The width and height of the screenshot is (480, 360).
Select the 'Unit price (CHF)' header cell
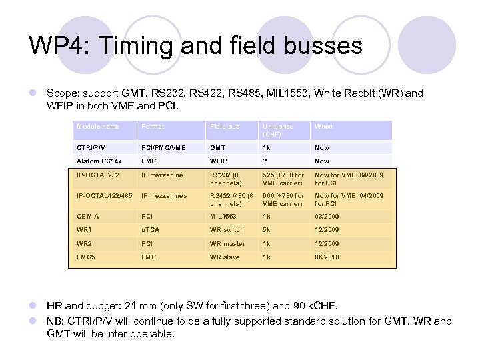pos(278,130)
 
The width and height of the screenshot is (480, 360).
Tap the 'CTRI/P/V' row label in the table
pos(91,148)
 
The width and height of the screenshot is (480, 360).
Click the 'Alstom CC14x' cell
pos(98,161)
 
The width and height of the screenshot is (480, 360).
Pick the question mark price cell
pos(265,161)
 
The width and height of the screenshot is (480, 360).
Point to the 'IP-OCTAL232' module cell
pos(97,175)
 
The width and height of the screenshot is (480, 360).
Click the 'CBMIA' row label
pos(88,216)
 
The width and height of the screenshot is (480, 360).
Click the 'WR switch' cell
pos(227,230)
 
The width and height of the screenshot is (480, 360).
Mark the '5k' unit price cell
pos(267,230)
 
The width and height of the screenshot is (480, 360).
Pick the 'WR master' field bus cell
pos(227,244)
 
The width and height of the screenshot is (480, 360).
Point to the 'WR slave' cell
pos(225,257)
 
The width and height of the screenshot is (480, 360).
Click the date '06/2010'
pos(327,257)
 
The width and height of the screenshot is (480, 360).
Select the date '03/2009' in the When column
pos(327,216)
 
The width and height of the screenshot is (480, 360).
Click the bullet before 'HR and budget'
pos(33,306)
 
